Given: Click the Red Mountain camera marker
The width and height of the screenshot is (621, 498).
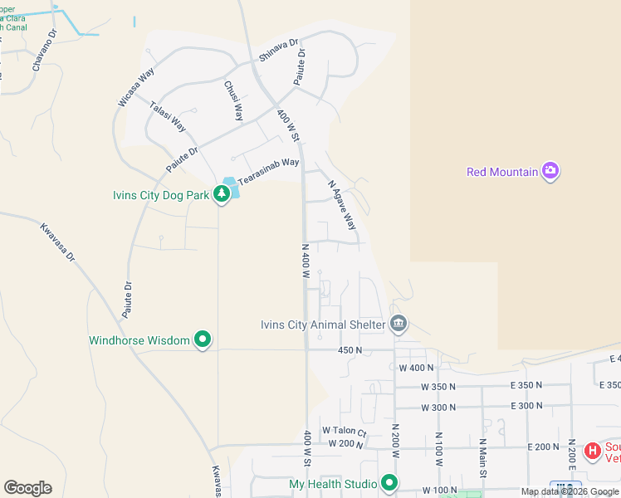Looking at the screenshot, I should [x=550, y=172].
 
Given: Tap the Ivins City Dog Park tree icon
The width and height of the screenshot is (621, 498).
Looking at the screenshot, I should [x=222, y=195].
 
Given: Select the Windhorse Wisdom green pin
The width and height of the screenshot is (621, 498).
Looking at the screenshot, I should [x=203, y=339].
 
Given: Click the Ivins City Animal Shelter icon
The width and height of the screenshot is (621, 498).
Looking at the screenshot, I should [x=399, y=324].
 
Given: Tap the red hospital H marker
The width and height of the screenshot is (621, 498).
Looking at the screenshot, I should [x=592, y=451].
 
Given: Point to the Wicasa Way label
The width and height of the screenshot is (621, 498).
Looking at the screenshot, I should [x=136, y=86].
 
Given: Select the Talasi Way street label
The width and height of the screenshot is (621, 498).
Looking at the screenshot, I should [x=167, y=117].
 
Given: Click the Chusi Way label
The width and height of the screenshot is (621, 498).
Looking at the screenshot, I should [x=233, y=100].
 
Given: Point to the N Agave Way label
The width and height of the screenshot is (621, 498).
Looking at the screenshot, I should [x=341, y=206].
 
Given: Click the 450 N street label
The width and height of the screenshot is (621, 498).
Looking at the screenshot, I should [x=350, y=350].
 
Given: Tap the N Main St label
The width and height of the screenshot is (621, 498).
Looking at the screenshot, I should [x=482, y=458].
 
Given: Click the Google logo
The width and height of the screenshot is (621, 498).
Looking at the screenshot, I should [x=27, y=488].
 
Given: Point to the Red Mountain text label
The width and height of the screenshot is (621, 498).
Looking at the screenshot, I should [x=501, y=172].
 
